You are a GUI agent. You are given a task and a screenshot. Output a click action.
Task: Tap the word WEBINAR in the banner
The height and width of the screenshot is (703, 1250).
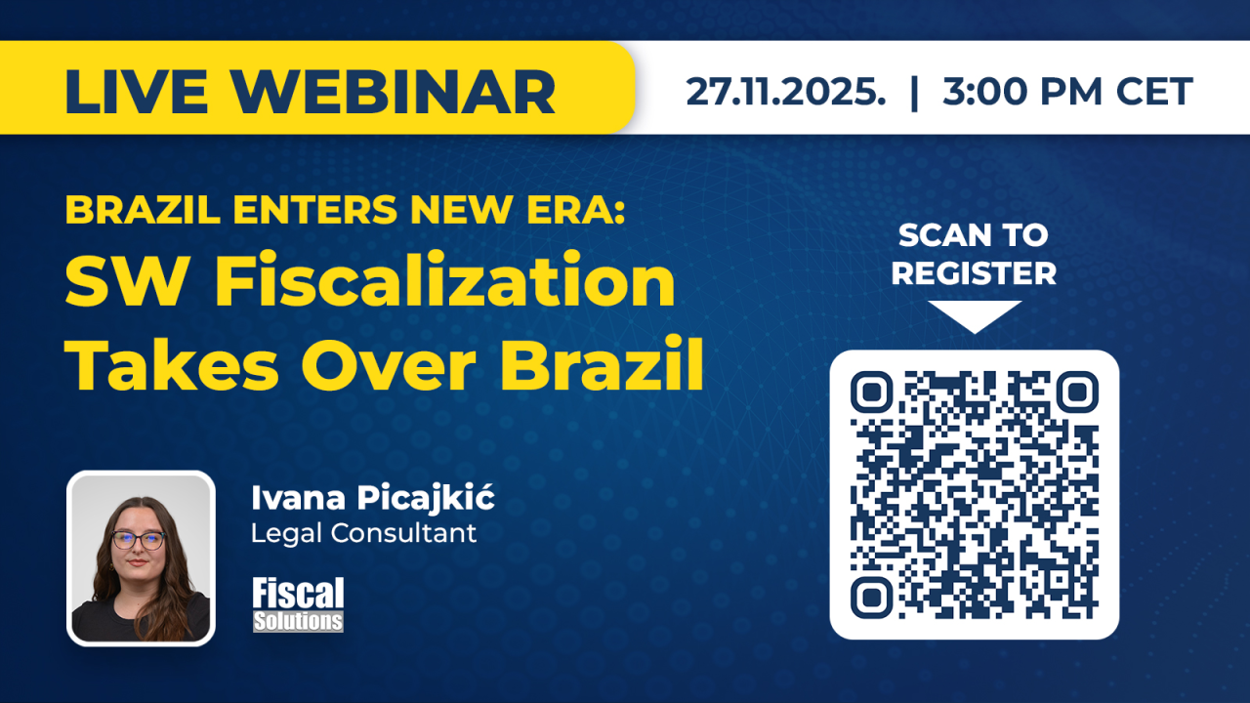[394, 92]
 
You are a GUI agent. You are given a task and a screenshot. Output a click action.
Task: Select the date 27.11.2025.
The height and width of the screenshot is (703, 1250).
[786, 91]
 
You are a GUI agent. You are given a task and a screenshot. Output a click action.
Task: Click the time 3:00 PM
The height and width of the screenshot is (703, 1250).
[1022, 91]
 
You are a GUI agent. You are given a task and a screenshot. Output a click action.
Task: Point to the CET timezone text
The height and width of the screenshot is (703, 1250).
[1154, 91]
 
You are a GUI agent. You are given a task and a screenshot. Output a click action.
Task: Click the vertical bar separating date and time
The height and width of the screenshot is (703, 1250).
[914, 92]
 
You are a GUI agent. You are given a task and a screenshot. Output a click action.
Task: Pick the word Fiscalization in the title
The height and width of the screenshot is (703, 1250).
[445, 280]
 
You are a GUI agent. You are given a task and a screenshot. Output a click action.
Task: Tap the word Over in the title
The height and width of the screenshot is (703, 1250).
[389, 366]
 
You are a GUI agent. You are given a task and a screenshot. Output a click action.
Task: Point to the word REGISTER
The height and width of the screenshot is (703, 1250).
[974, 272]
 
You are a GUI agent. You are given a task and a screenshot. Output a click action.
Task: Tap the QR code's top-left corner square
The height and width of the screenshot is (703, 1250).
[872, 393]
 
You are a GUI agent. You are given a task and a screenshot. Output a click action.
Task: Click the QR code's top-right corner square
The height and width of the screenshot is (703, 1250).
[1077, 393]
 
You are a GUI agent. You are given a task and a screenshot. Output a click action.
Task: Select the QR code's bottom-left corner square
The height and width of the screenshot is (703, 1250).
[872, 598]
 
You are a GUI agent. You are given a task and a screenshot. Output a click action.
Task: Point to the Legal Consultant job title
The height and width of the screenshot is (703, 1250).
[364, 533]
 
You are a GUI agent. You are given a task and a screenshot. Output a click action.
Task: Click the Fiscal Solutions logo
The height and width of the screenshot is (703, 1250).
[298, 604]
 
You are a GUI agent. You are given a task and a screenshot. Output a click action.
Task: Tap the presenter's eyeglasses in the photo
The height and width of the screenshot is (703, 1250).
[139, 540]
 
